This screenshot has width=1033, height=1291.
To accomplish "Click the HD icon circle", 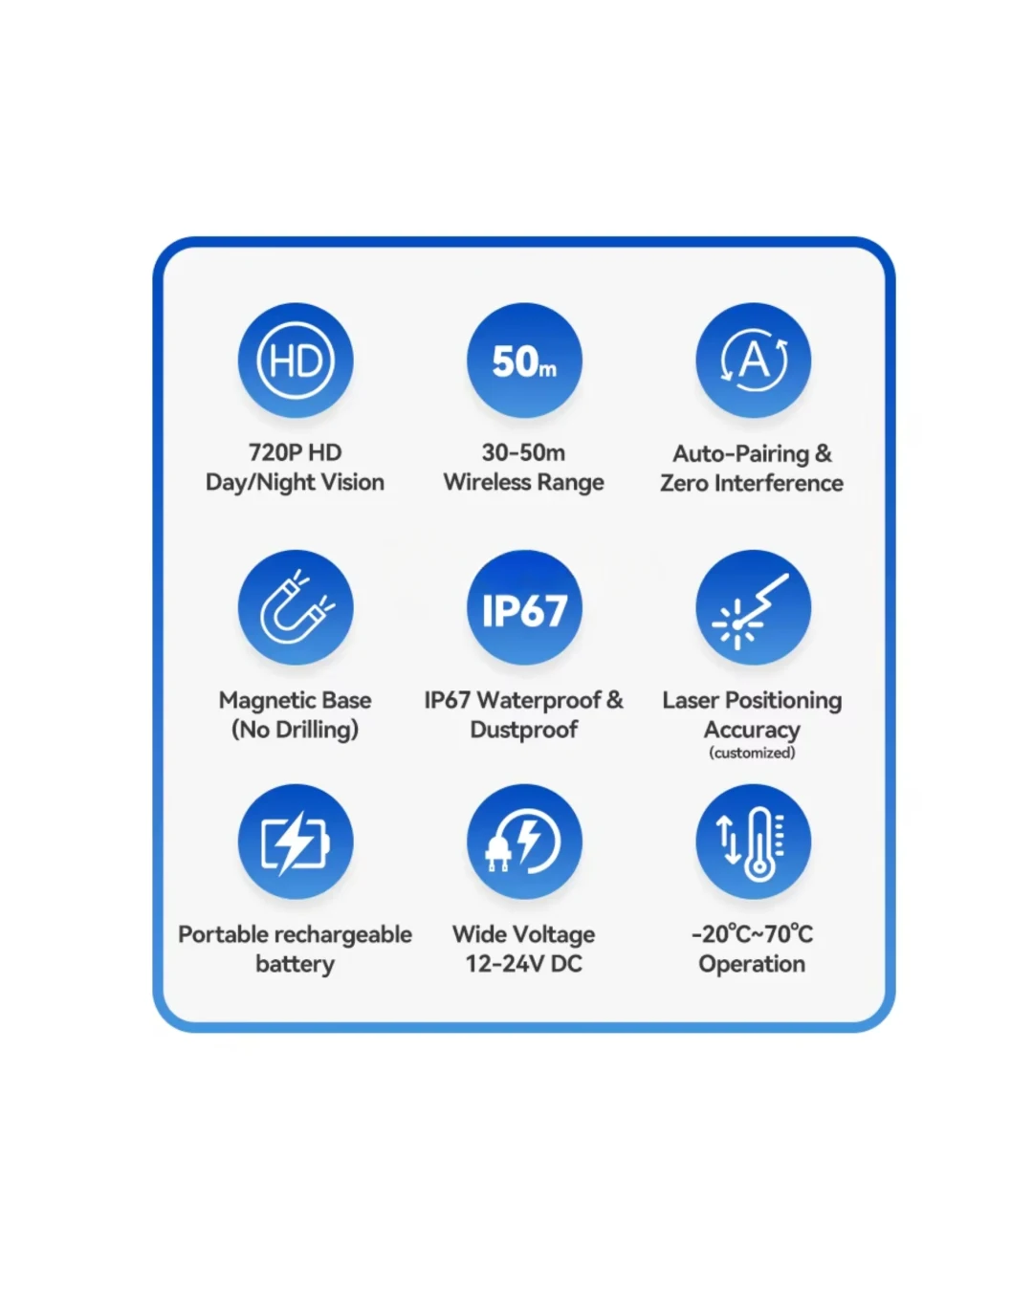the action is (x=296, y=361).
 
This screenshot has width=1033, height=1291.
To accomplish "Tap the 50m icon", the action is (x=524, y=361).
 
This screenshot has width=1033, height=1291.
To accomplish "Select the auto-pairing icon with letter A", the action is (x=753, y=361).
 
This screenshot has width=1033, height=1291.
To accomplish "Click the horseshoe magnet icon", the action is (x=296, y=607).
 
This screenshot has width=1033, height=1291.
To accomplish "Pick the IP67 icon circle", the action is (x=524, y=607).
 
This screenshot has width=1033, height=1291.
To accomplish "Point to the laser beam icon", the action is (x=753, y=607).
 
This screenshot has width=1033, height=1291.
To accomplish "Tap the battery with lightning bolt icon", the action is (x=296, y=842).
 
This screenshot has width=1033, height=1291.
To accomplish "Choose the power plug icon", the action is (x=524, y=842).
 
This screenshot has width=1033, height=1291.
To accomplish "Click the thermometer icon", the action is (x=753, y=842).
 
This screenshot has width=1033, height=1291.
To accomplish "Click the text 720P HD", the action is (x=296, y=452).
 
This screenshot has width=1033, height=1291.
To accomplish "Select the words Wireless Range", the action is (x=523, y=483).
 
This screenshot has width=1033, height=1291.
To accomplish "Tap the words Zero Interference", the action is (x=752, y=483).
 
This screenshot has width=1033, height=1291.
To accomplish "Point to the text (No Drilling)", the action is (x=296, y=730).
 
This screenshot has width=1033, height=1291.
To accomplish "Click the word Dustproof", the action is (x=523, y=730).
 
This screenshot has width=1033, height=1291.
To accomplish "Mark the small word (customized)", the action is (x=752, y=753).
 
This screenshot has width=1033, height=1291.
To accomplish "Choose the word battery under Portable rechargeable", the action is (x=295, y=964).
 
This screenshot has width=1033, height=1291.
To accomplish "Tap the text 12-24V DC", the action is (x=523, y=964).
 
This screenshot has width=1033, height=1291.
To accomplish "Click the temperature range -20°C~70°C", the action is (x=752, y=934).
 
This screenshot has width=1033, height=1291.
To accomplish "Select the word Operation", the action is (x=752, y=965).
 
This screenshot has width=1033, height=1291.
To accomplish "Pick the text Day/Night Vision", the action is (x=295, y=483).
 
